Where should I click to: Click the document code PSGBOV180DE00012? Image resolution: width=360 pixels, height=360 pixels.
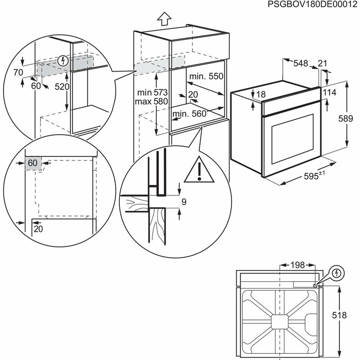(312, 5)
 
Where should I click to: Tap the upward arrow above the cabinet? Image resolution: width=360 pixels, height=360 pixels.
(164, 20)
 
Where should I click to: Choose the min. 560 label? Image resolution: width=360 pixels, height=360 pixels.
(188, 114)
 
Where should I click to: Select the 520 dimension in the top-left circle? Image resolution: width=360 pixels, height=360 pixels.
(62, 87)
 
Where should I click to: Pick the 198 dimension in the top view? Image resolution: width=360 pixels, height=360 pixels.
(296, 265)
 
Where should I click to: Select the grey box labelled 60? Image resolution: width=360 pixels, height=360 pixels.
(32, 163)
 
